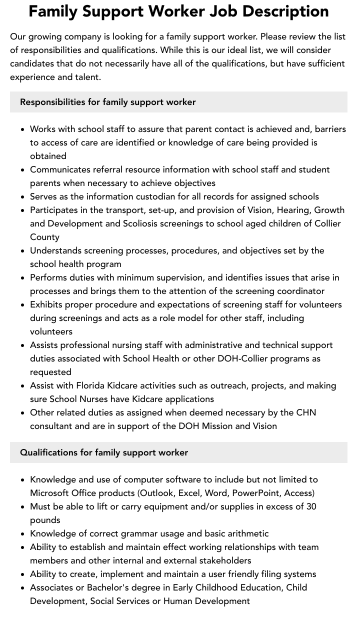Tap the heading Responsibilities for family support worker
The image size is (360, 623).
pyautogui.click(x=107, y=102)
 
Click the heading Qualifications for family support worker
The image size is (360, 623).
pyautogui.click(x=104, y=452)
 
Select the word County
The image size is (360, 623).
pyautogui.click(x=44, y=237)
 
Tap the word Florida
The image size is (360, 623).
pyautogui.click(x=93, y=385)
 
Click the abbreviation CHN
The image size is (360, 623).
pyautogui.click(x=305, y=412)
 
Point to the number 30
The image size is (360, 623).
pyautogui.click(x=311, y=506)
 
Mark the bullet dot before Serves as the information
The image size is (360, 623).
pyautogui.click(x=22, y=197)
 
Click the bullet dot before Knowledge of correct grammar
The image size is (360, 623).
pyautogui.click(x=22, y=534)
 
